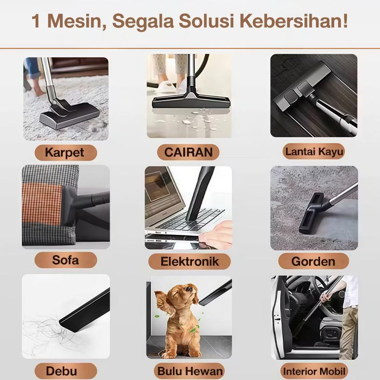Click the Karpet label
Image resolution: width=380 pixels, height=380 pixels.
click(x=65, y=152)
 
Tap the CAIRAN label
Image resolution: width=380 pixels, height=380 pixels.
click(x=188, y=152)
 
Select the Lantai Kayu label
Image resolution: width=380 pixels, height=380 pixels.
click(x=314, y=152)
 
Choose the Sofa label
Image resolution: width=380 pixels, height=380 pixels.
click(x=65, y=260)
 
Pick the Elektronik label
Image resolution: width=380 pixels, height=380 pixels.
click(x=190, y=262)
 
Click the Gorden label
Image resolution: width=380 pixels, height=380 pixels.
click(x=313, y=261)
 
